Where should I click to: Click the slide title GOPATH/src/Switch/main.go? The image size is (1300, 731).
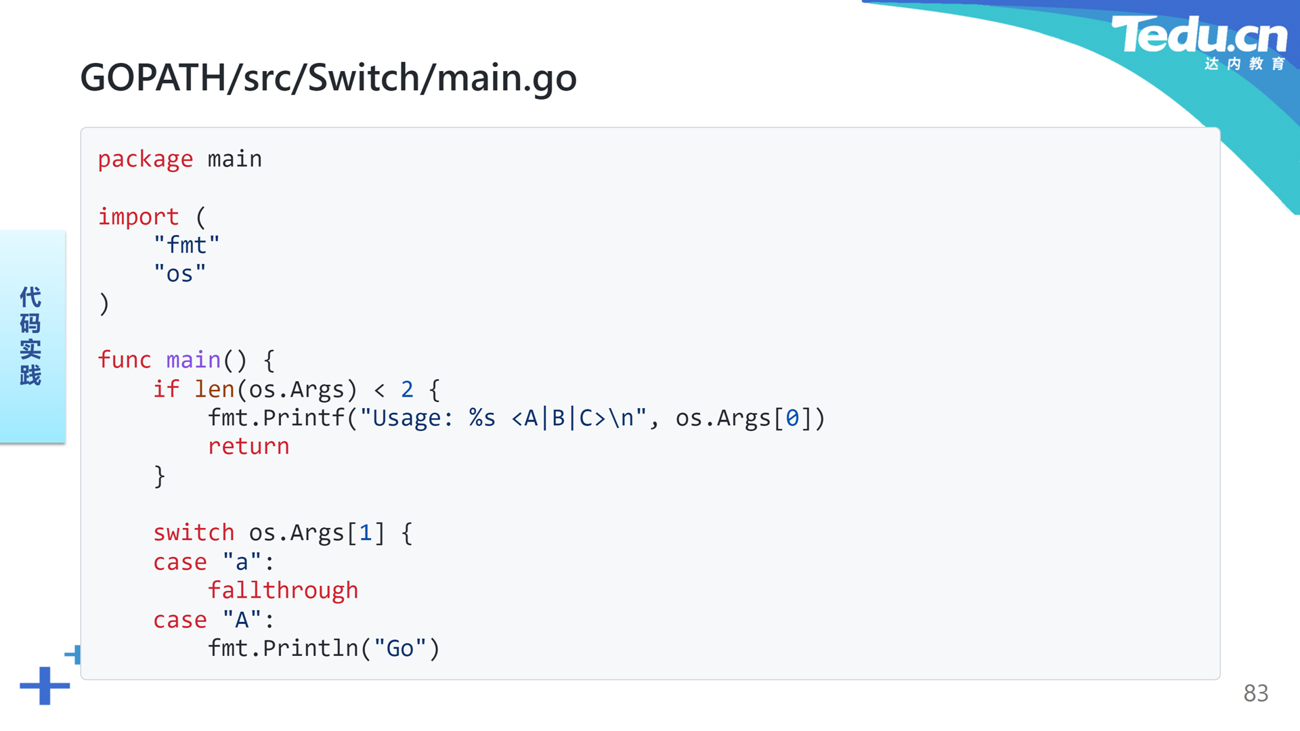(328, 78)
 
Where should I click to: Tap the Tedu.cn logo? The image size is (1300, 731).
(1199, 42)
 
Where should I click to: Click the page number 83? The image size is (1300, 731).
(1255, 693)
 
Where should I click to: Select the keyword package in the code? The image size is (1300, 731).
(146, 160)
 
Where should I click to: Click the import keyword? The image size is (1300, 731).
(139, 217)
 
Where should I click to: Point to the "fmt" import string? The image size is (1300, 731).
(187, 244)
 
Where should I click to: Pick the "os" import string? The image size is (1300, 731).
(180, 273)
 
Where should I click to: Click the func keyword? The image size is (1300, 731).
(125, 359)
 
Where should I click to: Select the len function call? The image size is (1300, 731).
(214, 389)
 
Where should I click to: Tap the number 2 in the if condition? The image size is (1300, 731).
(407, 389)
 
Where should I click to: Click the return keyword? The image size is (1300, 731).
(248, 447)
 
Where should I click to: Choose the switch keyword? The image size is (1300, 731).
(194, 533)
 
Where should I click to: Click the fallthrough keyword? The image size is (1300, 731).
(283, 591)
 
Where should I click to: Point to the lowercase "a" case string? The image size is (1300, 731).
(242, 562)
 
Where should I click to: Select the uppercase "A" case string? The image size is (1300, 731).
(242, 619)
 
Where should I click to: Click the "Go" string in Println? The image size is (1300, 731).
(400, 648)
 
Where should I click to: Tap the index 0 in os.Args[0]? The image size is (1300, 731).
(792, 418)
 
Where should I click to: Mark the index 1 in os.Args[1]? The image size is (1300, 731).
(366, 533)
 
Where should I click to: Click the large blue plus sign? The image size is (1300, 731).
(45, 686)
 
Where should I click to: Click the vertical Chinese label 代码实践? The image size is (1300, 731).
(30, 336)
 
